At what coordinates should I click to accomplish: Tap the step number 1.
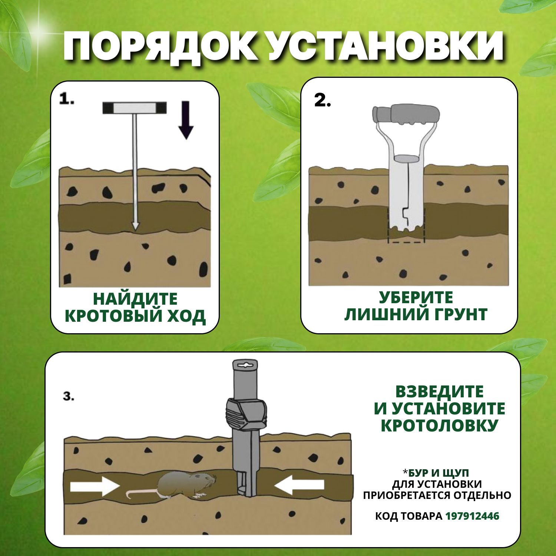point(67,99)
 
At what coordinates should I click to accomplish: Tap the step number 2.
point(322,101)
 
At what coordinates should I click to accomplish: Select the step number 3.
point(69,397)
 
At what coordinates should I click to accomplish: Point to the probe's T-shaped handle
point(135,108)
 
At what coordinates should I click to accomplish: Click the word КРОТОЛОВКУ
point(439,425)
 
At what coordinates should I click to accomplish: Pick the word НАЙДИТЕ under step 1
point(135,299)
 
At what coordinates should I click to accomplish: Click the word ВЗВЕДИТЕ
point(439,392)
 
